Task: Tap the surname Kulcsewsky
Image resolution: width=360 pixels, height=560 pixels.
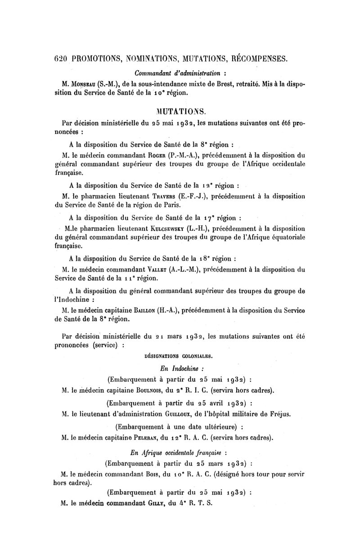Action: [x=166, y=228]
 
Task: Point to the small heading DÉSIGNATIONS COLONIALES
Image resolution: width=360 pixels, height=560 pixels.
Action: [x=178, y=356]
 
